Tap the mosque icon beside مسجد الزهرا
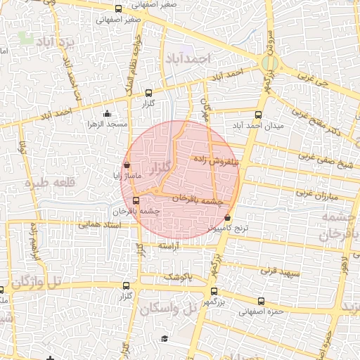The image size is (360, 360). pos(107,114)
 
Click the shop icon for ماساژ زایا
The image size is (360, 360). pos(127,165)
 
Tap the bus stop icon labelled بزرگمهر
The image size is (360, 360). pos(214,290)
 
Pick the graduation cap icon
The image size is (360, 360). pos(165,339)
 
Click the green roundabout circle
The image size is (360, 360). pos(268,63)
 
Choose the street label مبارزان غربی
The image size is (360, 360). pos(314,192)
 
